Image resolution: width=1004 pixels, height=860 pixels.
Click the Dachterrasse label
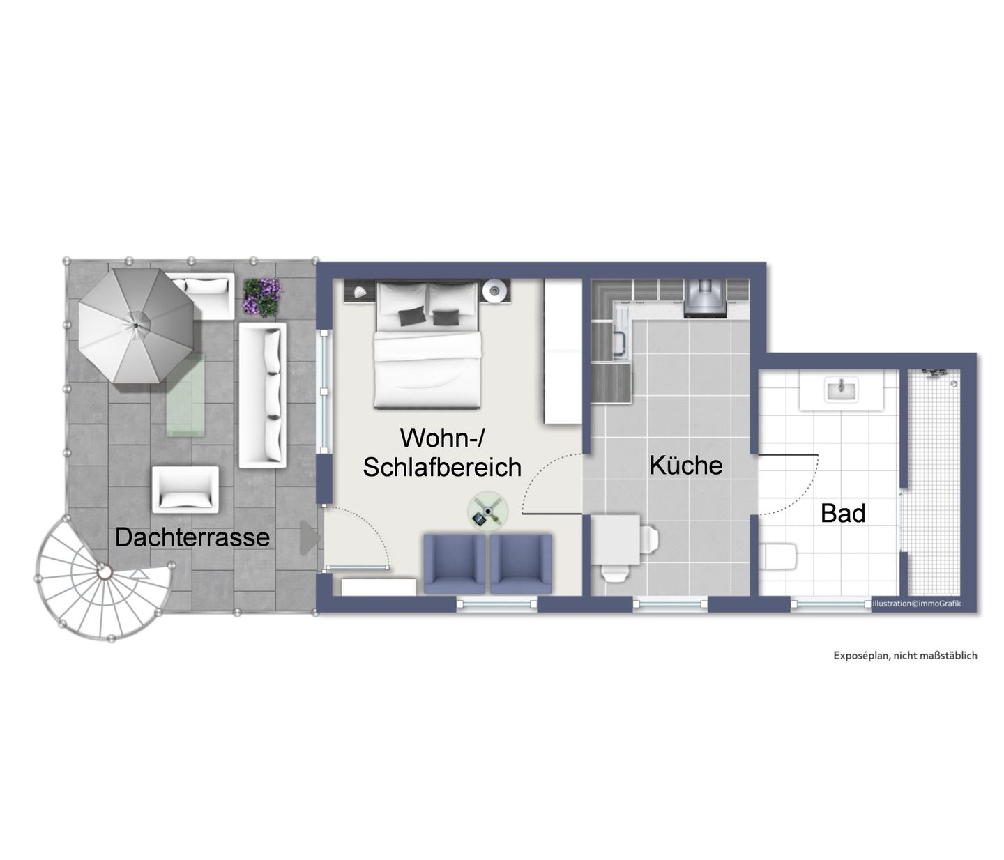tap(192, 537)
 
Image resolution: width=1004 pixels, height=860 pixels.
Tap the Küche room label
tap(686, 465)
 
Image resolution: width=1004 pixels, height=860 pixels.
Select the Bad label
tap(843, 513)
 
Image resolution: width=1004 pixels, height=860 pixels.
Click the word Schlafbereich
tap(442, 467)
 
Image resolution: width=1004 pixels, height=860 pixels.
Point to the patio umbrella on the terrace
tap(137, 325)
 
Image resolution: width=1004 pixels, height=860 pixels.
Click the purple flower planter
tap(262, 297)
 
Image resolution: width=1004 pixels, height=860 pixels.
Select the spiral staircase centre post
tap(103, 571)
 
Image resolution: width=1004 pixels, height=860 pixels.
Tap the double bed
tap(427, 345)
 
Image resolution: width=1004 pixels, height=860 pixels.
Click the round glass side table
tap(487, 511)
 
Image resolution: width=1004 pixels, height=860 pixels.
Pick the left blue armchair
tap(455, 564)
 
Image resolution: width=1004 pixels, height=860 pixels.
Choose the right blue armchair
tap(521, 564)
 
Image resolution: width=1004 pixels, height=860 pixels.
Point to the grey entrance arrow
tap(310, 538)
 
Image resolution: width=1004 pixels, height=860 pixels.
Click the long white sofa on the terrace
tap(262, 395)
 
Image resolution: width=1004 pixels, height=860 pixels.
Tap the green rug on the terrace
tap(185, 395)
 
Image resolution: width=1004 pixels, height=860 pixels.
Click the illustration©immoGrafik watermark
tap(916, 604)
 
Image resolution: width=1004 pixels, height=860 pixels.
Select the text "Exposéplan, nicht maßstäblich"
tap(906, 656)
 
